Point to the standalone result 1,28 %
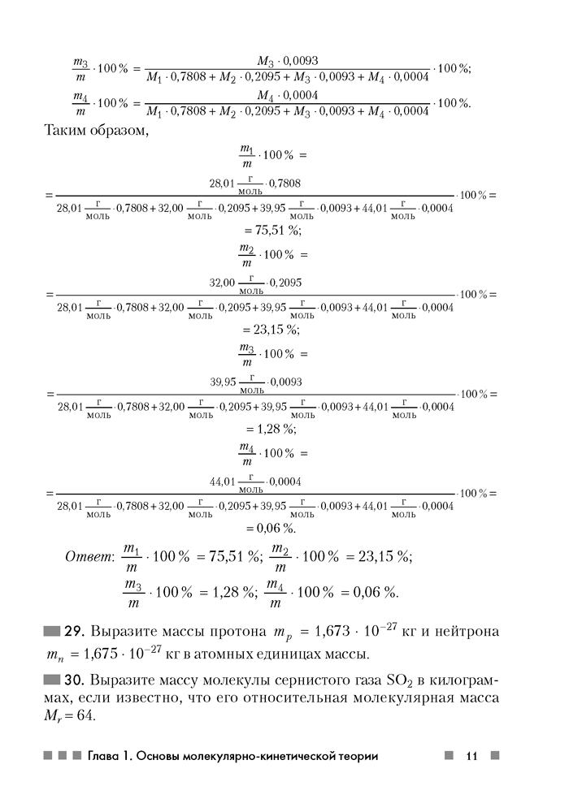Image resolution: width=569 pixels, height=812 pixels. (275, 429)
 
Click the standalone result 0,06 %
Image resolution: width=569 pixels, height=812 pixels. (275, 529)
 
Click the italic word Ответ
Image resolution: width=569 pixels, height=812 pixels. (87, 557)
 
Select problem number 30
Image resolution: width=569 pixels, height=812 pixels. (76, 679)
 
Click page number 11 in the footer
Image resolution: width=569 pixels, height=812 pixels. (471, 756)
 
